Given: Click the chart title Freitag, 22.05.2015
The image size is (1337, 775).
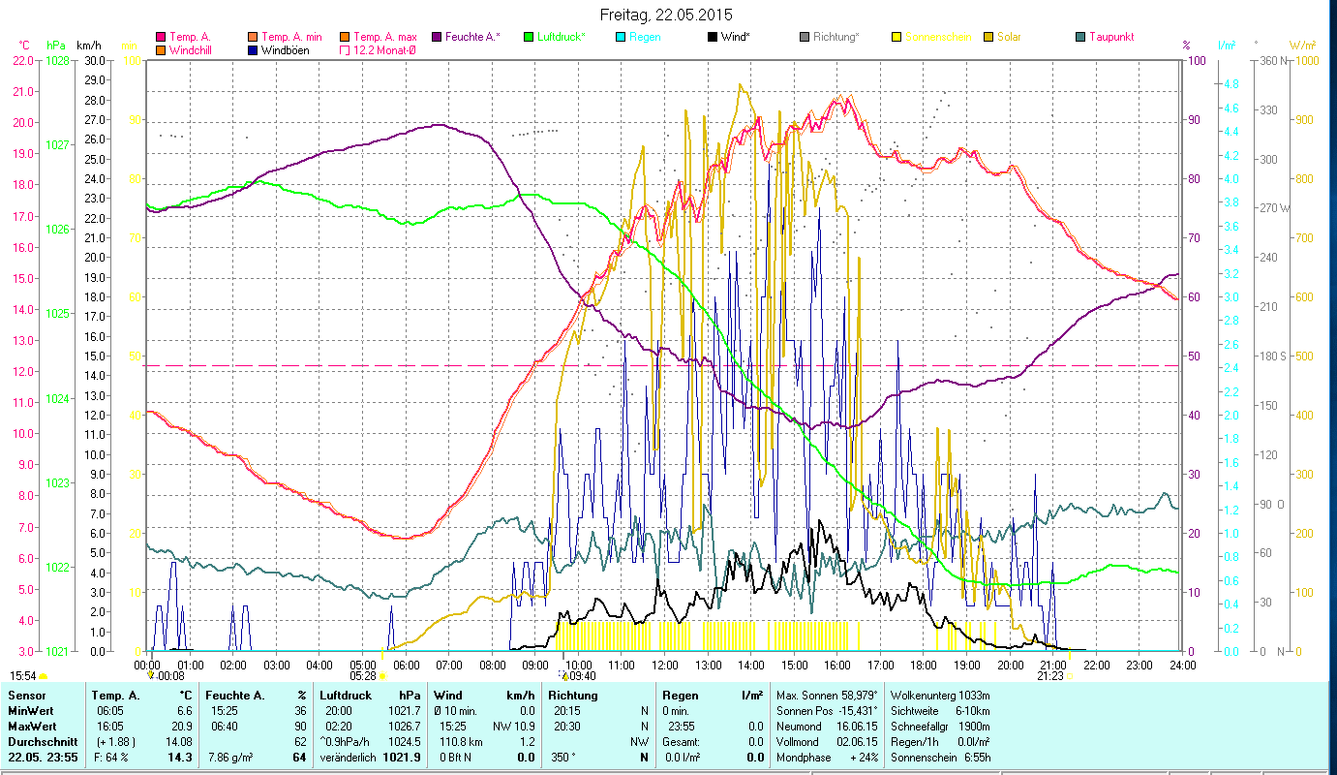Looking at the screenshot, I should click(x=666, y=15).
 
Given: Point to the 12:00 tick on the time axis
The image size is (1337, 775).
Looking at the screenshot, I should click(x=665, y=666).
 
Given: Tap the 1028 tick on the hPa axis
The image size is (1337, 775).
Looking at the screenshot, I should click(x=57, y=60).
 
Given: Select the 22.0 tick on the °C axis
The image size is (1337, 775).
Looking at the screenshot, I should click(x=23, y=60).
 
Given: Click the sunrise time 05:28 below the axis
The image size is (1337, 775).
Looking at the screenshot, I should click(x=362, y=676).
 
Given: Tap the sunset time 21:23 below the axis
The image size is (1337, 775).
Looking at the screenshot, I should click(x=1049, y=676).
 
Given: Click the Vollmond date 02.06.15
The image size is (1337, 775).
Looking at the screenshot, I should click(x=858, y=741).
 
